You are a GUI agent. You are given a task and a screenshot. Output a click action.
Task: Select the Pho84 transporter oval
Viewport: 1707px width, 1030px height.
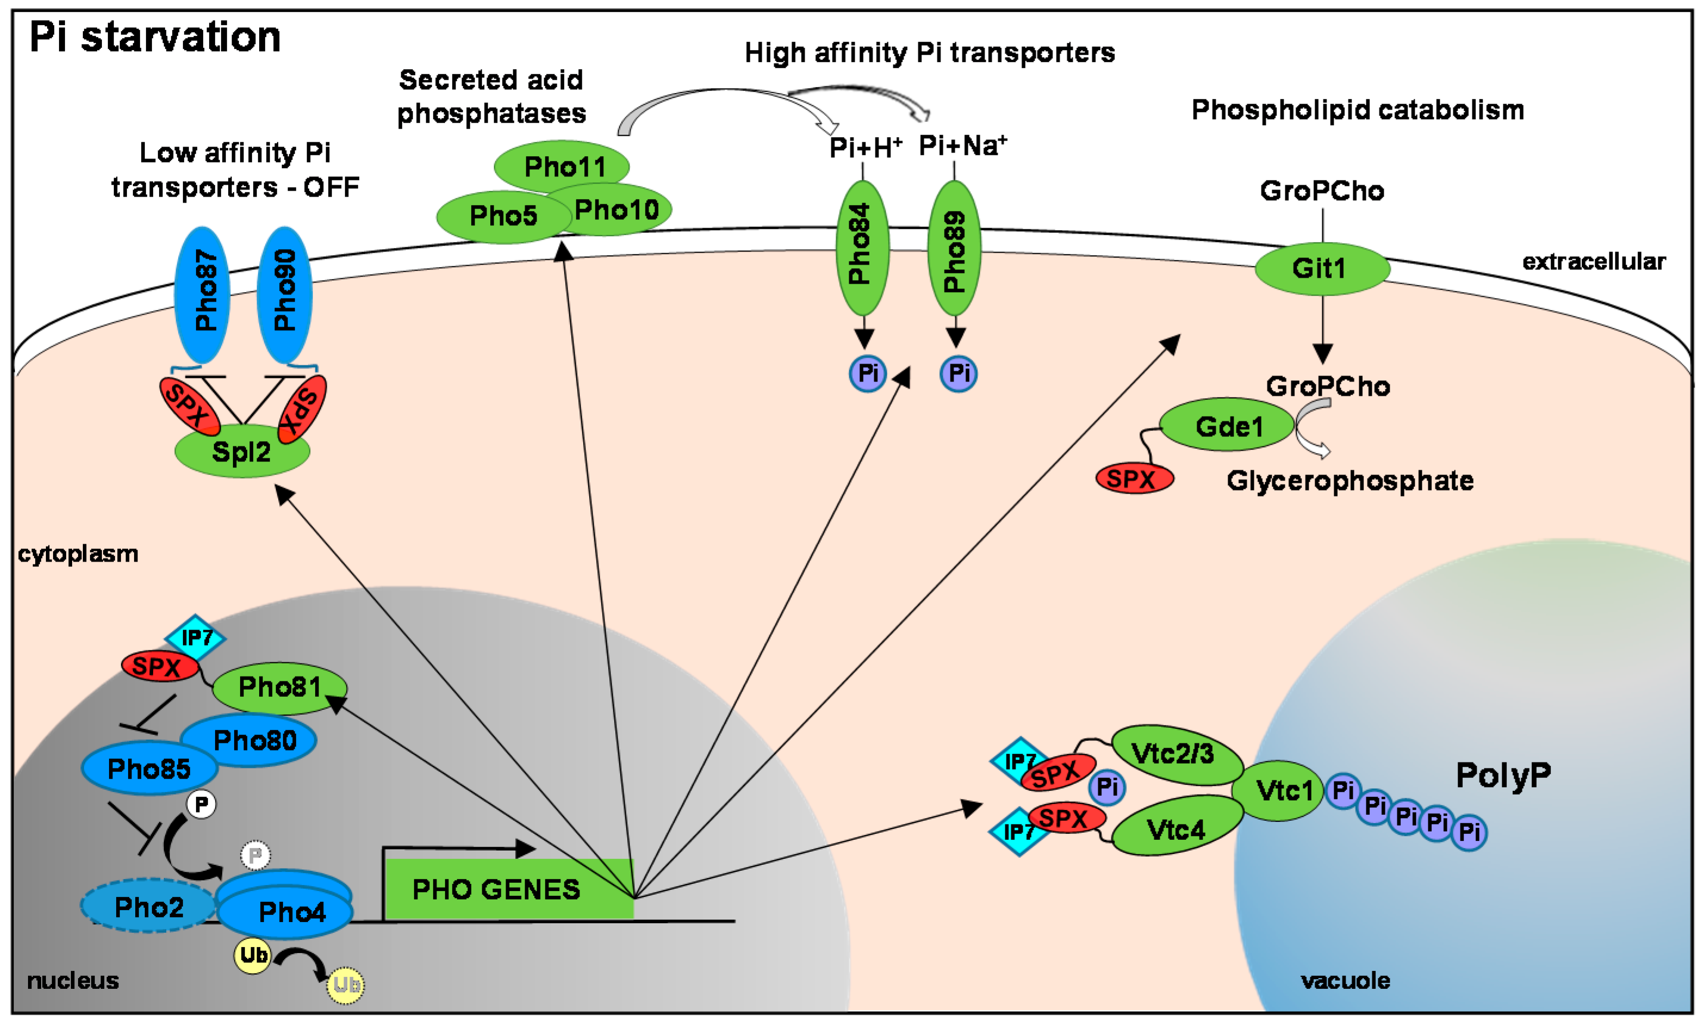(x=862, y=247)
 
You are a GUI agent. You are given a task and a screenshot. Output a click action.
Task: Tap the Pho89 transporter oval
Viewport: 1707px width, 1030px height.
(x=954, y=247)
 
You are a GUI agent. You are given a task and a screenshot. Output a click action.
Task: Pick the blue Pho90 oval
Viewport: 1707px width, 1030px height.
(x=284, y=294)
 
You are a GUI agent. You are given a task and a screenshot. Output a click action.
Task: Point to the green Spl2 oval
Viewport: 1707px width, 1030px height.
(x=242, y=452)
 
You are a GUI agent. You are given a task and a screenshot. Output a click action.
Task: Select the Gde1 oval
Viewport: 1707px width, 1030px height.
(x=1227, y=426)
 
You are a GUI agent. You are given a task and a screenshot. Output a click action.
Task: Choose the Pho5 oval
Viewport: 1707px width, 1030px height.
(x=497, y=216)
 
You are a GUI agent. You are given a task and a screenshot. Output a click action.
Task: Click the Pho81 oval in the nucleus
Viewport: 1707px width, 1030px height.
(x=279, y=688)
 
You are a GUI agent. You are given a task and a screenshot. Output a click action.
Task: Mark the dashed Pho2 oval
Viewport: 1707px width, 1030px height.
(x=148, y=907)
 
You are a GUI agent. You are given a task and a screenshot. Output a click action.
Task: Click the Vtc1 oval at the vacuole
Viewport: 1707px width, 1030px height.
(x=1279, y=790)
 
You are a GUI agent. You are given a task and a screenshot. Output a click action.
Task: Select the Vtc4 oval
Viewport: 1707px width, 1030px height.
(x=1176, y=829)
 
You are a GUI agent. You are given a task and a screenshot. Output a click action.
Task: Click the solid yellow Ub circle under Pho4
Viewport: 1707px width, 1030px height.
(x=252, y=955)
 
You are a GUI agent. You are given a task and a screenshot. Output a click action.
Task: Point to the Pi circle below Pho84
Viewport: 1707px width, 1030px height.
(x=867, y=374)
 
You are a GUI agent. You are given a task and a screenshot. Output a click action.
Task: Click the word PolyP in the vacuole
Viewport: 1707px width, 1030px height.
(x=1502, y=775)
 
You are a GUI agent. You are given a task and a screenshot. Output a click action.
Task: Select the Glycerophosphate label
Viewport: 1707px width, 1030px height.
(x=1350, y=480)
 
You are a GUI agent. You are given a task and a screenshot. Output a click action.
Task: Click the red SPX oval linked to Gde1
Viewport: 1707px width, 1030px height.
(x=1134, y=478)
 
